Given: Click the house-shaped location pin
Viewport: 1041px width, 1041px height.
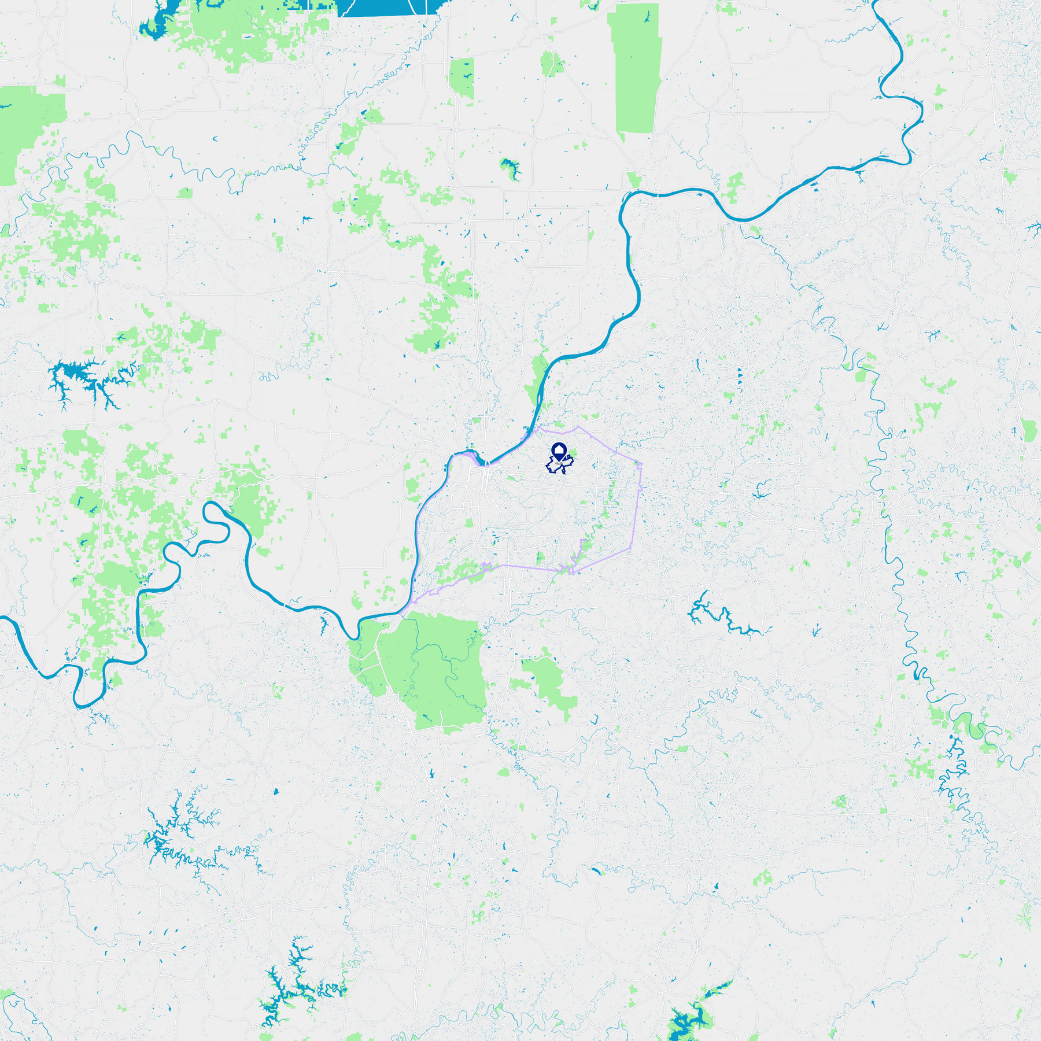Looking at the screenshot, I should tap(559, 451).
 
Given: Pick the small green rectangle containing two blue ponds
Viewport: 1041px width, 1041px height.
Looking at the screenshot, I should tap(462, 77).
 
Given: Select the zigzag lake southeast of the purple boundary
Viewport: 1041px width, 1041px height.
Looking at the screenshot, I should tap(723, 616).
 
